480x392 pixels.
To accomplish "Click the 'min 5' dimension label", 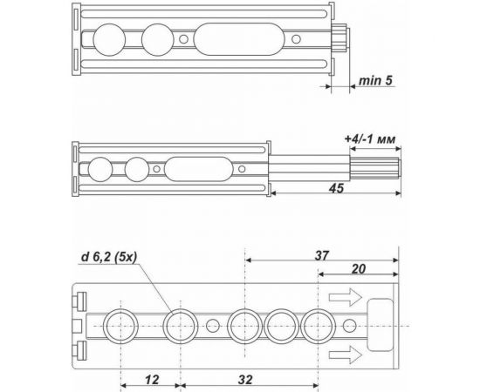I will coord(374,81).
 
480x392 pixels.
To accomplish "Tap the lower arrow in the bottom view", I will coord(346,353).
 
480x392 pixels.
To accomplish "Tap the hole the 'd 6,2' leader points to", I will coord(179,327).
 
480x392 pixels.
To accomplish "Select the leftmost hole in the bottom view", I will coord(119,327).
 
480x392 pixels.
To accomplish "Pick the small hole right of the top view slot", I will coord(294,39).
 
